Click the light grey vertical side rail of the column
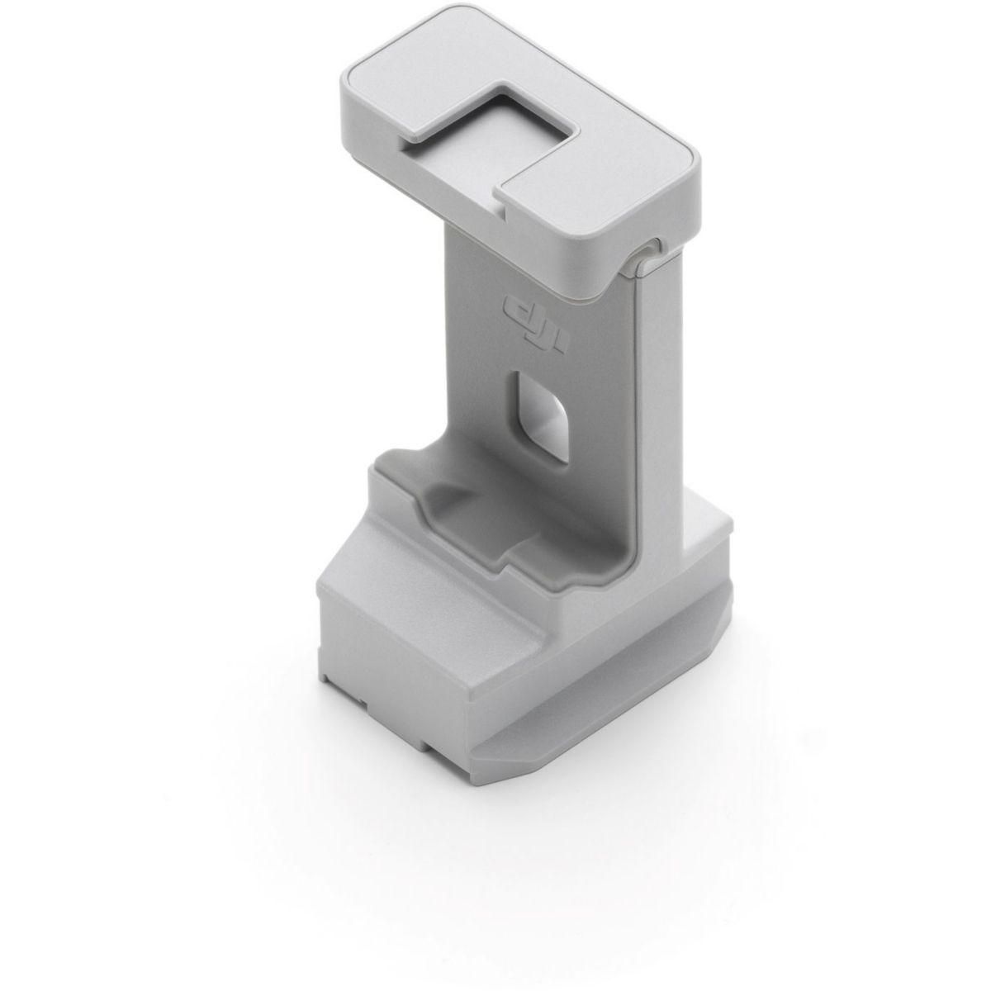point(661,396)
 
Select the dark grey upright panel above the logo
point(537,256)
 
